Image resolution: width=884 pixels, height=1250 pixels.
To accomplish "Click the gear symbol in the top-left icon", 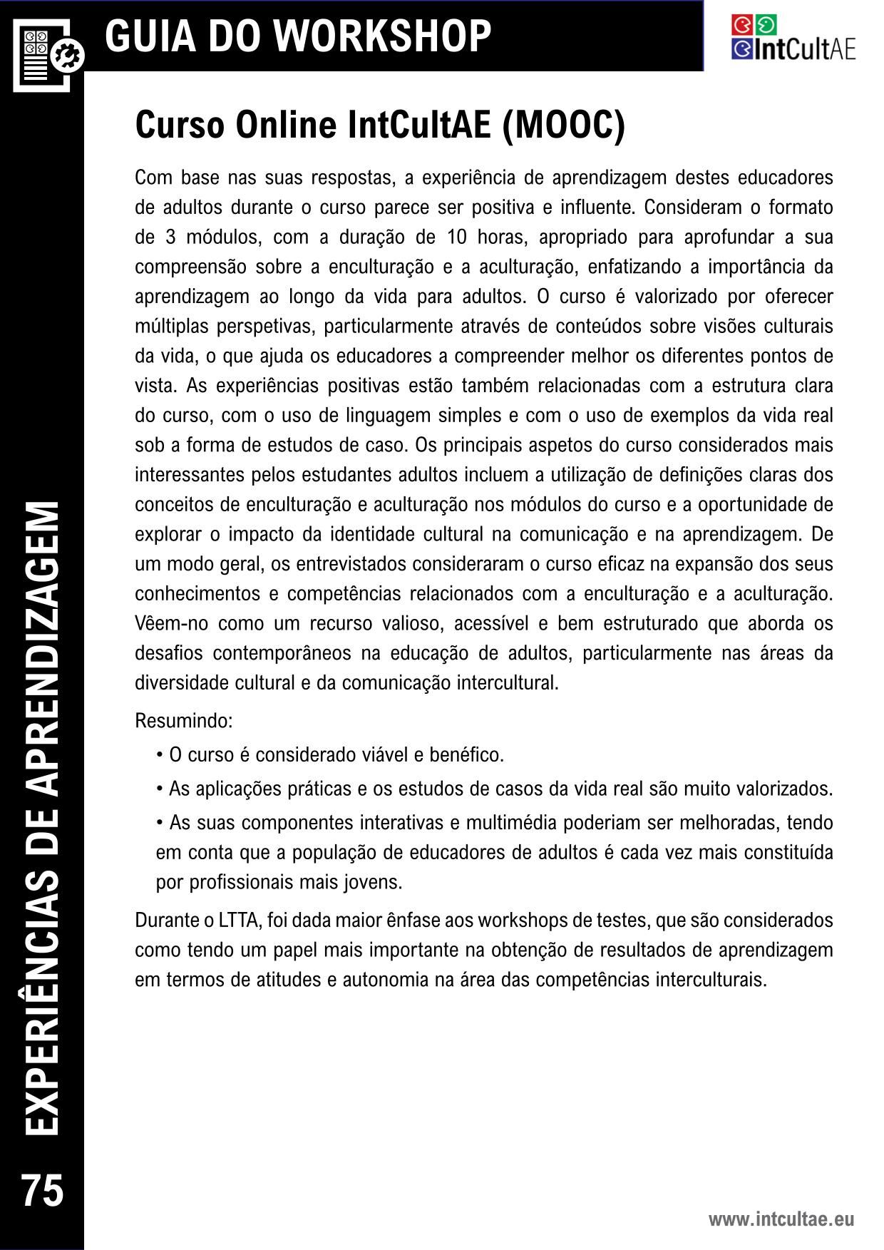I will point(70,55).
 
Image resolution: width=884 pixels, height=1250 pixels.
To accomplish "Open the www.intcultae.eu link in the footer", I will point(781,1219).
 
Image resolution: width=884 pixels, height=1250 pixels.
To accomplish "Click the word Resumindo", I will point(184,721).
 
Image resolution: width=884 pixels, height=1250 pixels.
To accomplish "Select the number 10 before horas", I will point(457,237).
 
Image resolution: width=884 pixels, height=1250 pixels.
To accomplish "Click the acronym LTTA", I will point(239,921).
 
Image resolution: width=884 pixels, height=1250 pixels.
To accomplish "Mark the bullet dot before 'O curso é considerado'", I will point(160,755).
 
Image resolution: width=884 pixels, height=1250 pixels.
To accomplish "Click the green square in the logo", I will point(766,25).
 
